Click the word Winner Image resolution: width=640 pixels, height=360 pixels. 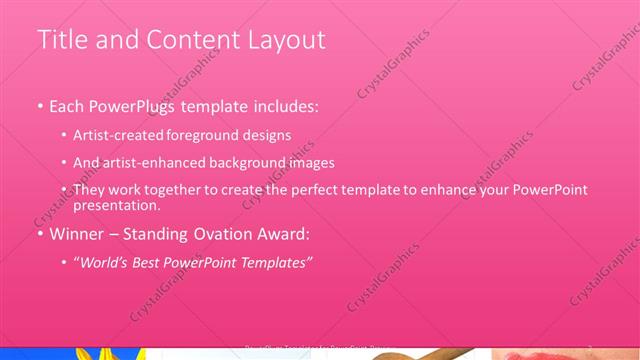[x=74, y=234]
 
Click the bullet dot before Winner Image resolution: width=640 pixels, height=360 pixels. [x=40, y=235]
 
